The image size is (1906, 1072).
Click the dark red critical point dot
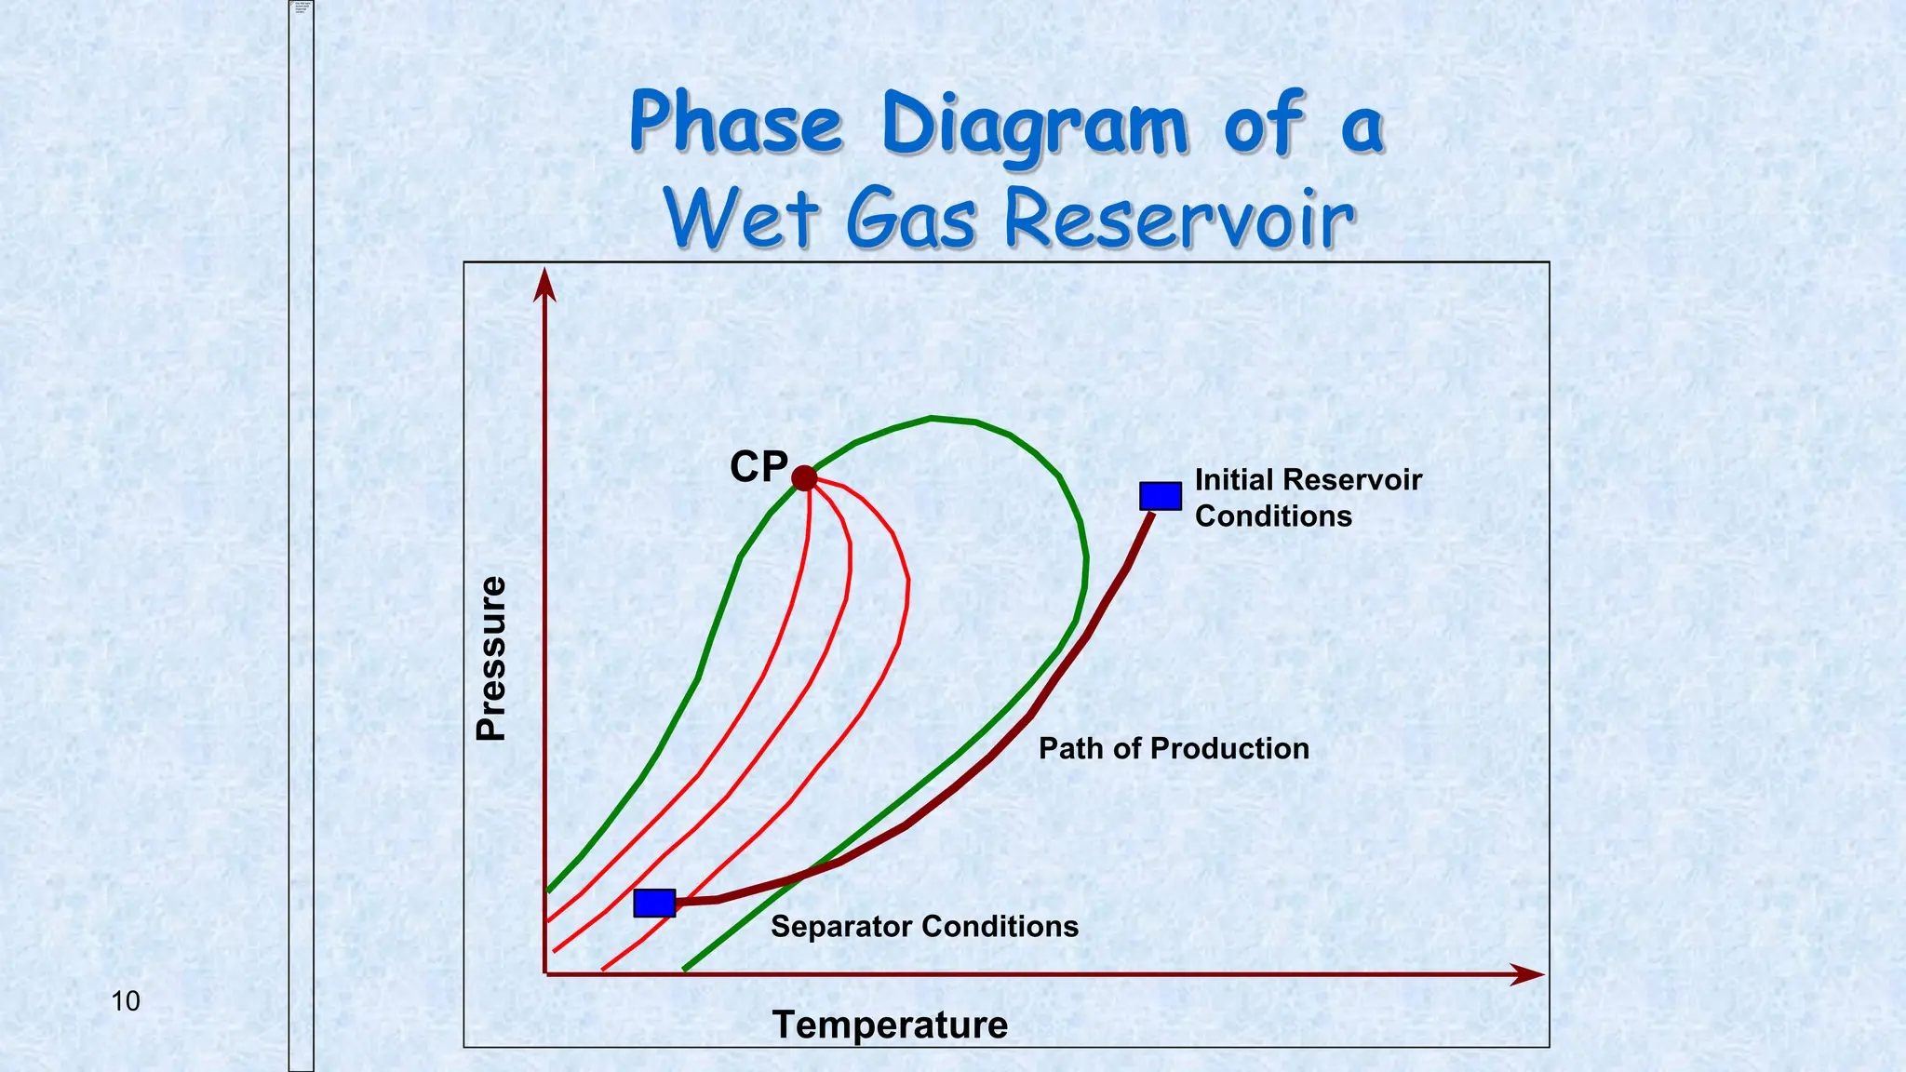pyautogui.click(x=804, y=478)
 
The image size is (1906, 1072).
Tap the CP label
pyautogui.click(x=758, y=466)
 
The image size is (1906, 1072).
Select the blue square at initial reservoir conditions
pyautogui.click(x=1161, y=496)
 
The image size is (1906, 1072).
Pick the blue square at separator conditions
pyautogui.click(x=654, y=903)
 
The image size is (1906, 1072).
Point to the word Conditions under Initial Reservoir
pyautogui.click(x=1272, y=516)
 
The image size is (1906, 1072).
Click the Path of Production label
pyautogui.click(x=1173, y=748)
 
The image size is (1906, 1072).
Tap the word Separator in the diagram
pyautogui.click(x=842, y=926)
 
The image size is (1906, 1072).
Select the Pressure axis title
pyautogui.click(x=490, y=658)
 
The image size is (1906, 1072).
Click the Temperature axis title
pyautogui.click(x=890, y=1025)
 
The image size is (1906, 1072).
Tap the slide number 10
pyautogui.click(x=126, y=1001)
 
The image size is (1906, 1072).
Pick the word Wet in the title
pyautogui.click(x=742, y=218)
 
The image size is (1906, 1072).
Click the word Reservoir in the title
pyautogui.click(x=1179, y=220)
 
